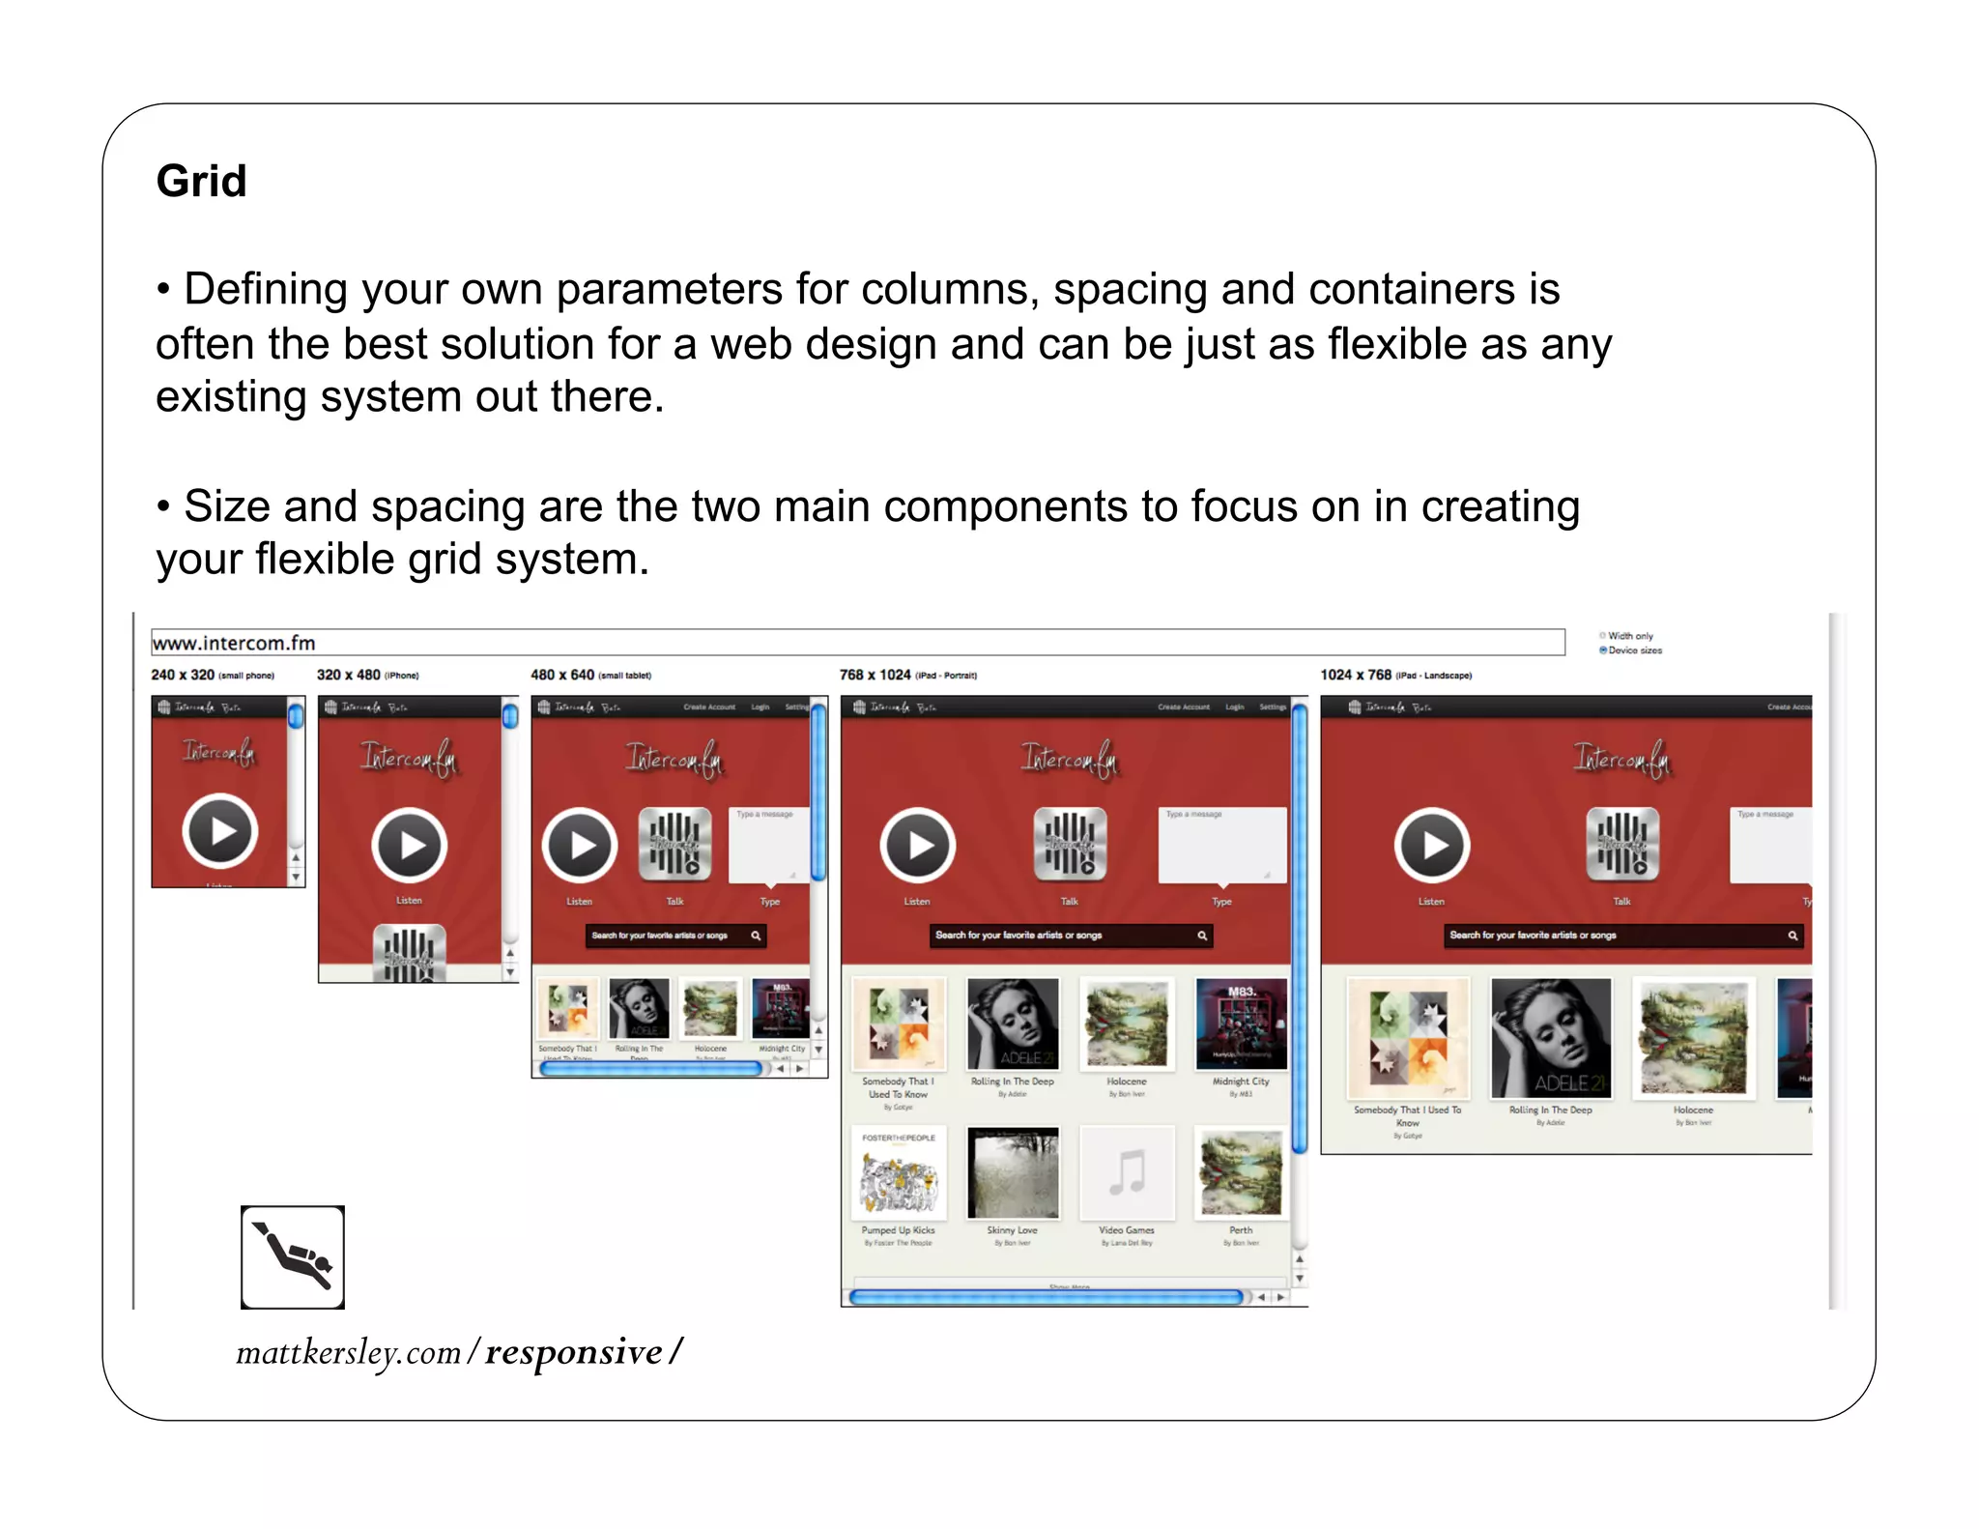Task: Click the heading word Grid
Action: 201,181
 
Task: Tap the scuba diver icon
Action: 293,1256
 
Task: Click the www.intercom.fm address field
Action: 857,643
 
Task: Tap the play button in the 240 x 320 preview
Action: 220,830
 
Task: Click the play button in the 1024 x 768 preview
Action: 1432,845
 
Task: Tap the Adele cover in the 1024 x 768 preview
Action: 1550,1038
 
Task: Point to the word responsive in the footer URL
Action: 574,1352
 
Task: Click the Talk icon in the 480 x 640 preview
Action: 674,845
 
